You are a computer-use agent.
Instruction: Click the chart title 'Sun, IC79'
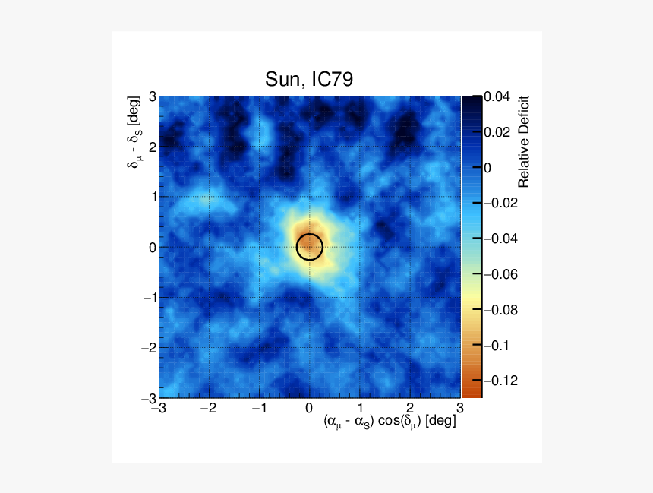pyautogui.click(x=308, y=80)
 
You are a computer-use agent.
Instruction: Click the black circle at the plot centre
pyautogui.click(x=309, y=246)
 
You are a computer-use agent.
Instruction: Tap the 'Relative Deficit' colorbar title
pyautogui.click(x=523, y=142)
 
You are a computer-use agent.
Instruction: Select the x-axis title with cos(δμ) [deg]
pyautogui.click(x=390, y=421)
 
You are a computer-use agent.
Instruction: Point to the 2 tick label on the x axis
pyautogui.click(x=410, y=407)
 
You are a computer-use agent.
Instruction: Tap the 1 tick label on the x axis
pyautogui.click(x=360, y=407)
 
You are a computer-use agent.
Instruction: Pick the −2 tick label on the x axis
pyautogui.click(x=207, y=407)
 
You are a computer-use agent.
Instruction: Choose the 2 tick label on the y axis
pyautogui.click(x=152, y=147)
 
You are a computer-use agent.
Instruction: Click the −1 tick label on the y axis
pyautogui.click(x=149, y=297)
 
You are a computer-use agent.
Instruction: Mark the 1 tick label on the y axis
pyautogui.click(x=152, y=197)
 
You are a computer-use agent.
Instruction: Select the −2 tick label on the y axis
pyautogui.click(x=149, y=347)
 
